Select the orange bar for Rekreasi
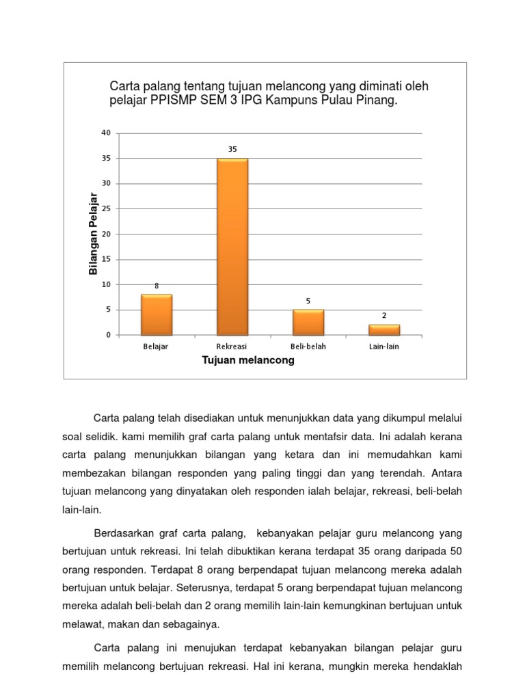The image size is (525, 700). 232,247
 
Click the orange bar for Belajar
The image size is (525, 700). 157,315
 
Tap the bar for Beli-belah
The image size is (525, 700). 308,323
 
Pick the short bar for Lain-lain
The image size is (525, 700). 384,330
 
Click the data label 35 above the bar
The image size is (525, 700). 232,148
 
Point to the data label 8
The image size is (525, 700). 157,286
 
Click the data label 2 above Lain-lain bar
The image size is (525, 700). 384,316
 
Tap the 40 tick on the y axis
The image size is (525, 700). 105,133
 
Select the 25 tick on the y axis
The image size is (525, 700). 105,208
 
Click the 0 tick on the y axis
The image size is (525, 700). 107,335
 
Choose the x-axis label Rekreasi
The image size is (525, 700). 232,347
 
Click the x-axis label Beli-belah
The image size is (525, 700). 308,347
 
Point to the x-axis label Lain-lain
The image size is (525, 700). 384,347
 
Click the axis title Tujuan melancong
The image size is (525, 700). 248,360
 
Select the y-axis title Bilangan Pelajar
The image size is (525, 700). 94,234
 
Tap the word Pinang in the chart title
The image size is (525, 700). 377,100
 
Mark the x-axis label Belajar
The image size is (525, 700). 156,347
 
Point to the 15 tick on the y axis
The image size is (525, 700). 105,259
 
